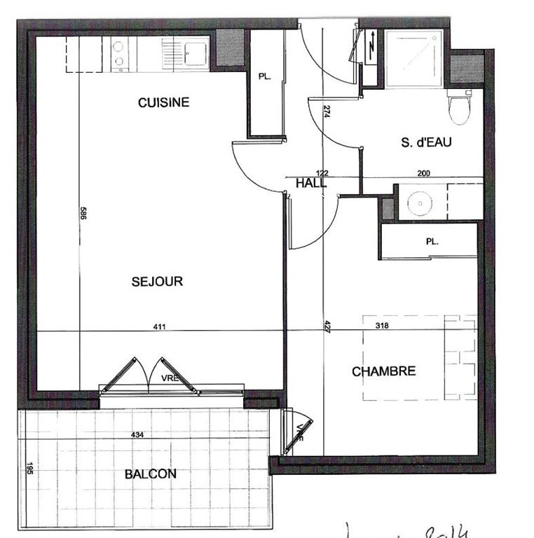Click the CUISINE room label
tap(163, 102)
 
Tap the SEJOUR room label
tap(157, 282)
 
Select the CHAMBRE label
tap(383, 371)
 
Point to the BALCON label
tap(151, 474)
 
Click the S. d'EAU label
tap(426, 142)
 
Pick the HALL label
tap(311, 184)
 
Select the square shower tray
tap(415, 58)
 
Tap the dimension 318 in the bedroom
tap(381, 325)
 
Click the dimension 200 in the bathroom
tap(423, 173)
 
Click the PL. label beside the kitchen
tap(264, 77)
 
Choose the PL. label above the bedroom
tap(432, 242)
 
